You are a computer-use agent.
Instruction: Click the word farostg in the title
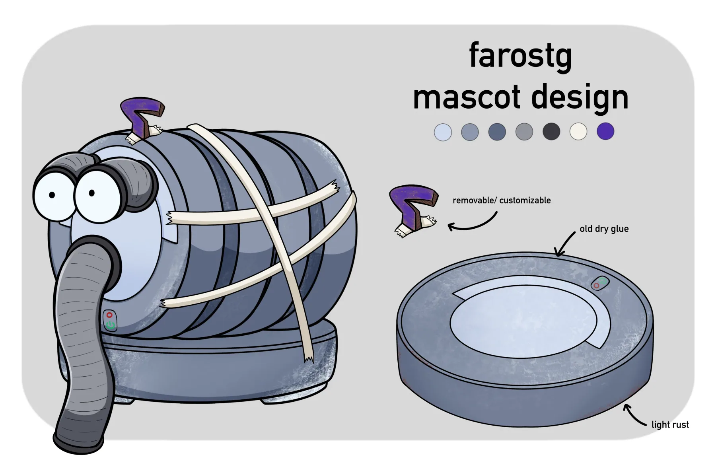point(520,56)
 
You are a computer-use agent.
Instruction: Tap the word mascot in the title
point(467,97)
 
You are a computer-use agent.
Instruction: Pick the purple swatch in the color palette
point(605,131)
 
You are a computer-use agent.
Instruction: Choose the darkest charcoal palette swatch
point(551,131)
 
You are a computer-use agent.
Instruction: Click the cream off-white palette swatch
point(578,131)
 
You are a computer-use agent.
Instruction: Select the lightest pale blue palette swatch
point(443,132)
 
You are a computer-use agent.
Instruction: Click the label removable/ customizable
point(502,200)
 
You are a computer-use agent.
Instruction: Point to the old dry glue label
point(604,229)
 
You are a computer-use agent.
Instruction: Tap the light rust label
point(670,425)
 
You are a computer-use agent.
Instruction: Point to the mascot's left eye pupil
point(52,195)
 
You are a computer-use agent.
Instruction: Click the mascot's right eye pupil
point(92,193)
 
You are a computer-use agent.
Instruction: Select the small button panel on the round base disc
point(600,283)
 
